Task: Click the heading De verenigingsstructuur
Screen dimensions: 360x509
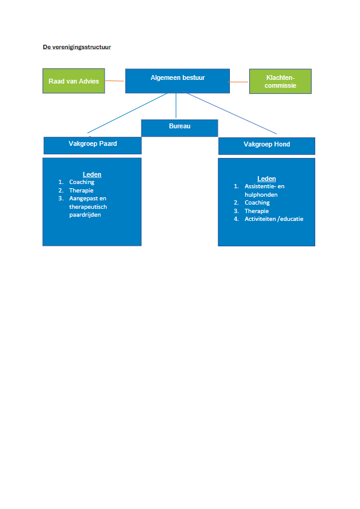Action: pyautogui.click(x=77, y=47)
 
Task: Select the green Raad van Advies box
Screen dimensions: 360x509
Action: pyautogui.click(x=74, y=81)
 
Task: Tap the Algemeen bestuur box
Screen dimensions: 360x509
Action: pyautogui.click(x=177, y=81)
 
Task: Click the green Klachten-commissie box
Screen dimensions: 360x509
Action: pyautogui.click(x=281, y=81)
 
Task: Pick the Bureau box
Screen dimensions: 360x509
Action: pyautogui.click(x=180, y=128)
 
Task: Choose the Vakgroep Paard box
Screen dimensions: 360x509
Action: pyautogui.click(x=93, y=145)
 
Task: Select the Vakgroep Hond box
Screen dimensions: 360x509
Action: pyautogui.click(x=266, y=146)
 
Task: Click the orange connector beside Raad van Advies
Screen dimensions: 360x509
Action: pyautogui.click(x=114, y=81)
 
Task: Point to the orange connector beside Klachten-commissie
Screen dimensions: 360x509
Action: pyautogui.click(x=238, y=82)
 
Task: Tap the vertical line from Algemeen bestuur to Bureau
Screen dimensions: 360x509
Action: pyautogui.click(x=176, y=105)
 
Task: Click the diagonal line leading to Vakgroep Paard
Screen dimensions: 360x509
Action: pyautogui.click(x=128, y=113)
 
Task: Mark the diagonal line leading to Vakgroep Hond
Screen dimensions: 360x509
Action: pyautogui.click(x=229, y=113)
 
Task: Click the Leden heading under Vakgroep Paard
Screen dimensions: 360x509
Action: pyautogui.click(x=92, y=175)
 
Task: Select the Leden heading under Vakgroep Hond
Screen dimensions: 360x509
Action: pyautogui.click(x=266, y=179)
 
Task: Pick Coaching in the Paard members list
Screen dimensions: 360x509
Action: pyautogui.click(x=82, y=182)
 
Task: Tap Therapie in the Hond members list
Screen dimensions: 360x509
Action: pyautogui.click(x=257, y=211)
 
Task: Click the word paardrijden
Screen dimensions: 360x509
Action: pyautogui.click(x=85, y=215)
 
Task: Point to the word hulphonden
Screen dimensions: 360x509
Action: pyautogui.click(x=261, y=195)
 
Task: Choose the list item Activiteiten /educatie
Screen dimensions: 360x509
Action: pyautogui.click(x=274, y=219)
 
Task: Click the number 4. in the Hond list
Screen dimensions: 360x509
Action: pyautogui.click(x=237, y=219)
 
